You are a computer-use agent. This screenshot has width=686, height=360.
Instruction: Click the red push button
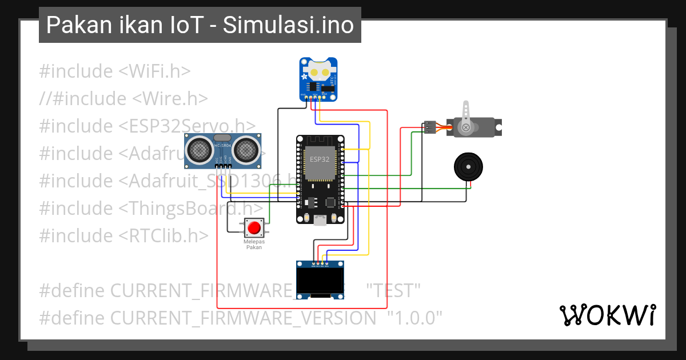click(x=254, y=228)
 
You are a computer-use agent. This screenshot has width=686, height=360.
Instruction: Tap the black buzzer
click(x=470, y=167)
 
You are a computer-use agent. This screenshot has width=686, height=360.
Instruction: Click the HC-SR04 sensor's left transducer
click(x=199, y=150)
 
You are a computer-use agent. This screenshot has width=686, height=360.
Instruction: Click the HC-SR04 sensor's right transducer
click(x=245, y=150)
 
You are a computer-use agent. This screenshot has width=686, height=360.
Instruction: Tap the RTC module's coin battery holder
click(x=319, y=72)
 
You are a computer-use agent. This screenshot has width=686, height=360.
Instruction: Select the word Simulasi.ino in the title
click(x=289, y=26)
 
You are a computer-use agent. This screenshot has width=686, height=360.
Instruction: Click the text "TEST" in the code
click(x=393, y=290)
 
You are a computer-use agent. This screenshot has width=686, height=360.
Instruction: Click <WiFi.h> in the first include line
click(x=154, y=71)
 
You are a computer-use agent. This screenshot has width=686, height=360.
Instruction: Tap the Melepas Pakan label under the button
click(x=254, y=245)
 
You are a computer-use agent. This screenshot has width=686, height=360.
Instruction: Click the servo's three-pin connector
click(x=429, y=127)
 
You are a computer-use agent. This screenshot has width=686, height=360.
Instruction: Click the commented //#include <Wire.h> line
click(x=123, y=98)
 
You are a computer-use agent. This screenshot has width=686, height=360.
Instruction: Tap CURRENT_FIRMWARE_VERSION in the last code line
click(x=244, y=318)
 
